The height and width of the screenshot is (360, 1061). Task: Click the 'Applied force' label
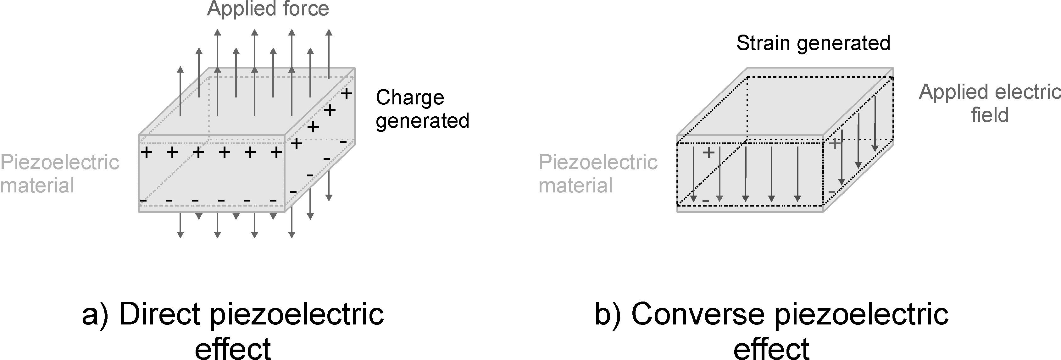[268, 9]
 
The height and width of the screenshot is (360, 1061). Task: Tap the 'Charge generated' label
[422, 109]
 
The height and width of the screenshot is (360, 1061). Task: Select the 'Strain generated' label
[813, 43]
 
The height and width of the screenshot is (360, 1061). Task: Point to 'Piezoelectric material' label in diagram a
[59, 174]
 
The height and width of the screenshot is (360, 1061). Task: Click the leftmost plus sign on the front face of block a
[147, 153]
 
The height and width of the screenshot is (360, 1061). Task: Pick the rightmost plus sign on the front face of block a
[276, 153]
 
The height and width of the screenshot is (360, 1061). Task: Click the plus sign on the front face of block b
[708, 153]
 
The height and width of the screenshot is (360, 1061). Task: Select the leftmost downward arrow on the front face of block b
[694, 173]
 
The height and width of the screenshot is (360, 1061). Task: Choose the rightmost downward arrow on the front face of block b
[798, 173]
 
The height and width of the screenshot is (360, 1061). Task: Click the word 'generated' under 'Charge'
[422, 121]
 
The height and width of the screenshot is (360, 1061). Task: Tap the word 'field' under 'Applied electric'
[990, 115]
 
